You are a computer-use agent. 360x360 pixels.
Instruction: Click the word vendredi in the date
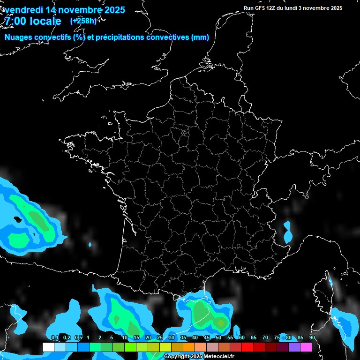[x=24, y=10]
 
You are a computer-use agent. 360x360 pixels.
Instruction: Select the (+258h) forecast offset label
[x=83, y=21]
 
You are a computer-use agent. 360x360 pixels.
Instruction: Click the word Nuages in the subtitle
[x=19, y=37]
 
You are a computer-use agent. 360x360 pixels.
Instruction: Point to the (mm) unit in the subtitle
[x=200, y=37]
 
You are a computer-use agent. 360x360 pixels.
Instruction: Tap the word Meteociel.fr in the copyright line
[x=219, y=357]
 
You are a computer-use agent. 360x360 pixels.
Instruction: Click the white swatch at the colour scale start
[x=48, y=347]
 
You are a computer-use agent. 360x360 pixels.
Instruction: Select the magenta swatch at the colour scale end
[x=306, y=347]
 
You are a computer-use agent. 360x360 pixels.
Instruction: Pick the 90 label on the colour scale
[x=312, y=337]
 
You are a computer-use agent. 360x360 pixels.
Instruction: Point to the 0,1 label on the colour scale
[x=54, y=337]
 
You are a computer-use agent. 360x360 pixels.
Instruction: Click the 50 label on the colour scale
[x=218, y=337]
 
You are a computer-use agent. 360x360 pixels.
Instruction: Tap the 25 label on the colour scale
[x=160, y=337]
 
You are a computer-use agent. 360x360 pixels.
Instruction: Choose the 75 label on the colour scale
[x=277, y=337]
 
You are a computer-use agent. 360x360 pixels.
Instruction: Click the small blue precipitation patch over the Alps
[x=287, y=232]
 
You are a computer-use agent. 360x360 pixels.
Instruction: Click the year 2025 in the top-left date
[x=112, y=10]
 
